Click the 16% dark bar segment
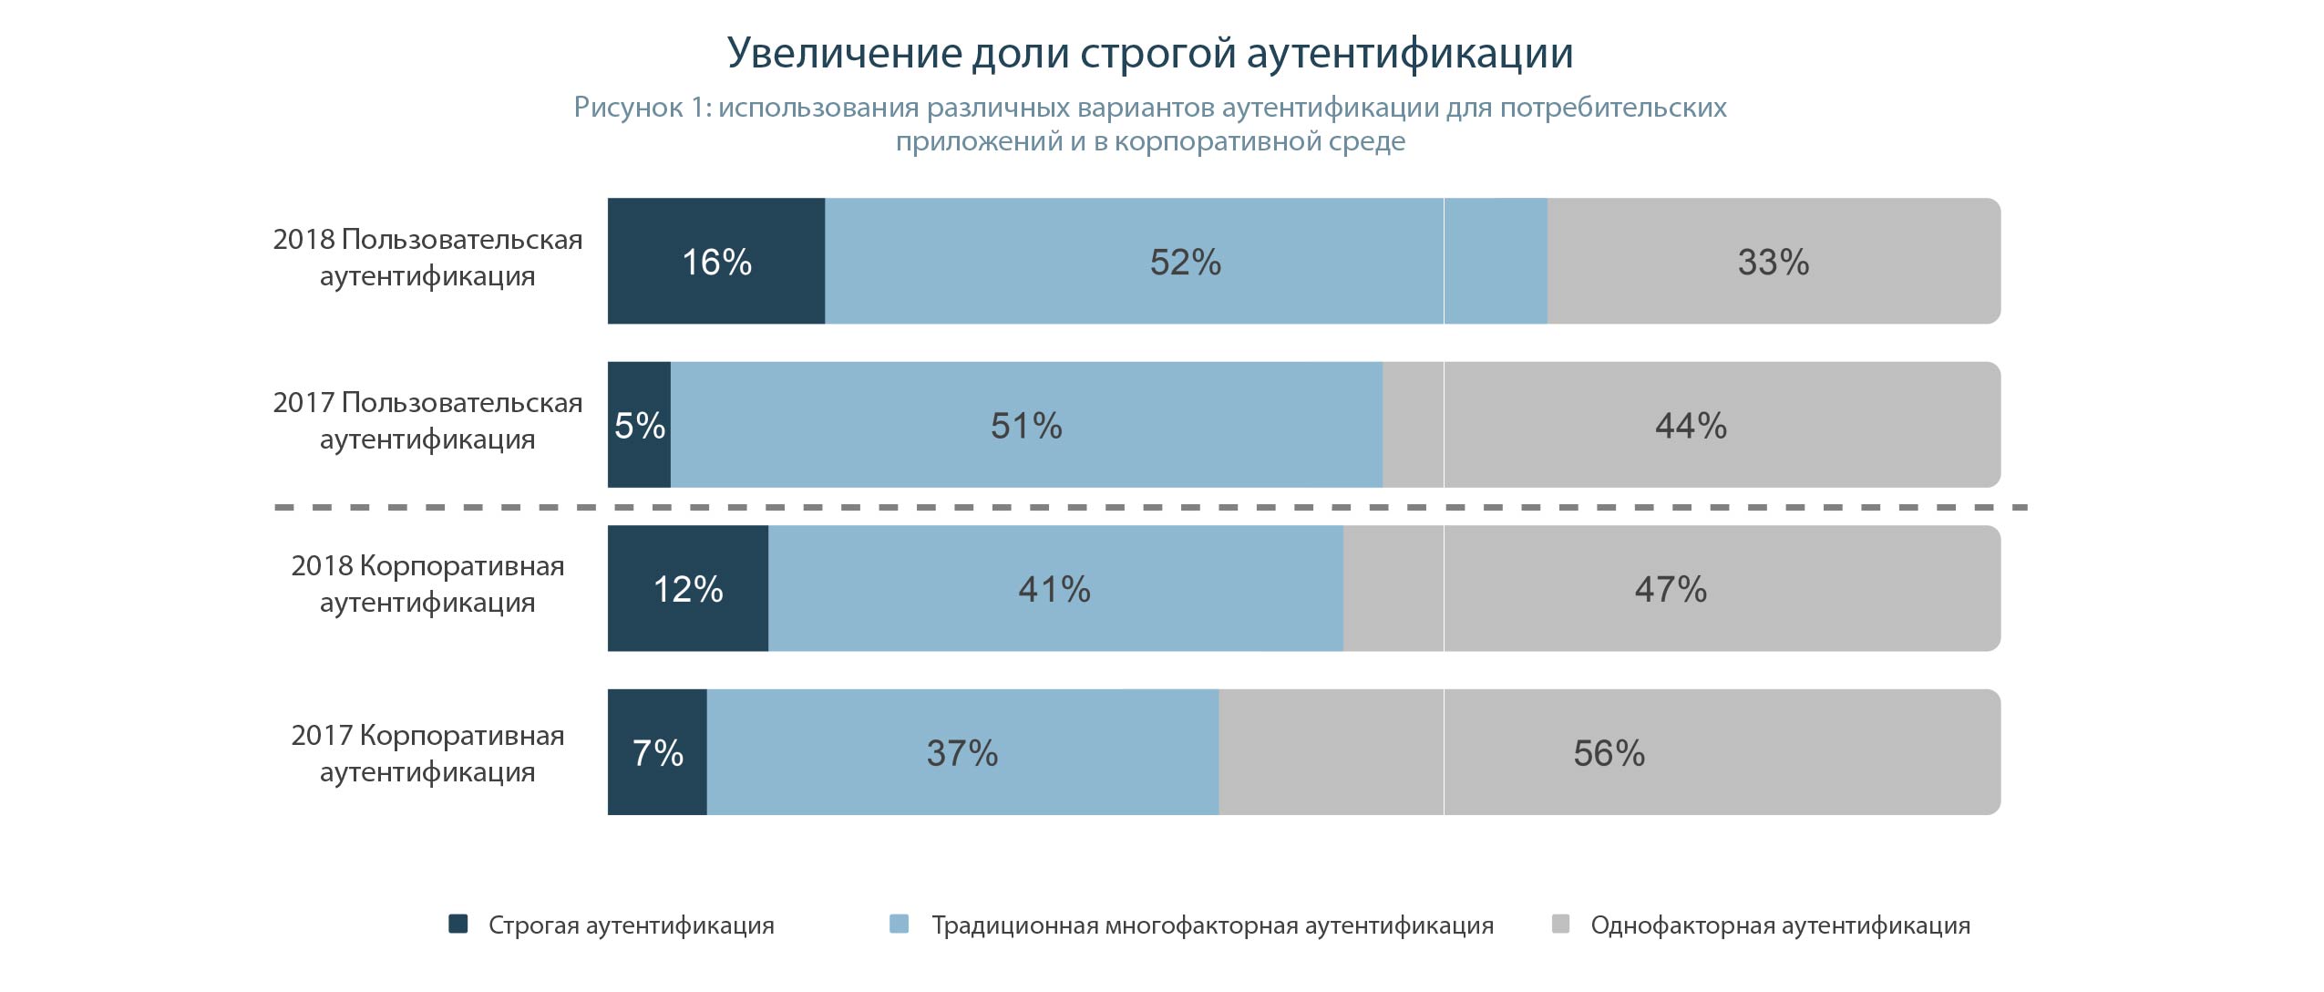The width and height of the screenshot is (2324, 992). [716, 262]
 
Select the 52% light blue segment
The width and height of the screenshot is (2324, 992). [1185, 262]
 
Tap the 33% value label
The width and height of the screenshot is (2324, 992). [1773, 262]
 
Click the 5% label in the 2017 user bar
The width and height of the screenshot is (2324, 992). [639, 426]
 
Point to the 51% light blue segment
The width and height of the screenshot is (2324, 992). [1026, 426]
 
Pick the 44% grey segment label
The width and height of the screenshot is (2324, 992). [1691, 426]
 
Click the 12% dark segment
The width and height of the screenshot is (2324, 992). [688, 589]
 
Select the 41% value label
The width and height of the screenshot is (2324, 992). [1054, 589]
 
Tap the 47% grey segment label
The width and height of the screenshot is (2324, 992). [1671, 589]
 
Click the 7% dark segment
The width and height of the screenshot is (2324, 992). [657, 753]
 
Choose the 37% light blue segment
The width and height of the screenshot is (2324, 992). [962, 753]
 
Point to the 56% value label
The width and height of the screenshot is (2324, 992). [1609, 753]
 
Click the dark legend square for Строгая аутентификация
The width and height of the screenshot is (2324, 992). [458, 924]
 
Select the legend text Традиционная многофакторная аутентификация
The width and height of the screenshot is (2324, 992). [1212, 925]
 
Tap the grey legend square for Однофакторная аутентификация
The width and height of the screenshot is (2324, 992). [1560, 924]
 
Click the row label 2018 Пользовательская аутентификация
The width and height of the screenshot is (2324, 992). [427, 257]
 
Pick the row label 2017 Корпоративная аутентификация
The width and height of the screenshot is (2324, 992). [427, 753]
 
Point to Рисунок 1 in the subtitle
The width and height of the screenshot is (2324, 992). [641, 108]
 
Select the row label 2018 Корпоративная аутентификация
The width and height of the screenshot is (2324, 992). [427, 584]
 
